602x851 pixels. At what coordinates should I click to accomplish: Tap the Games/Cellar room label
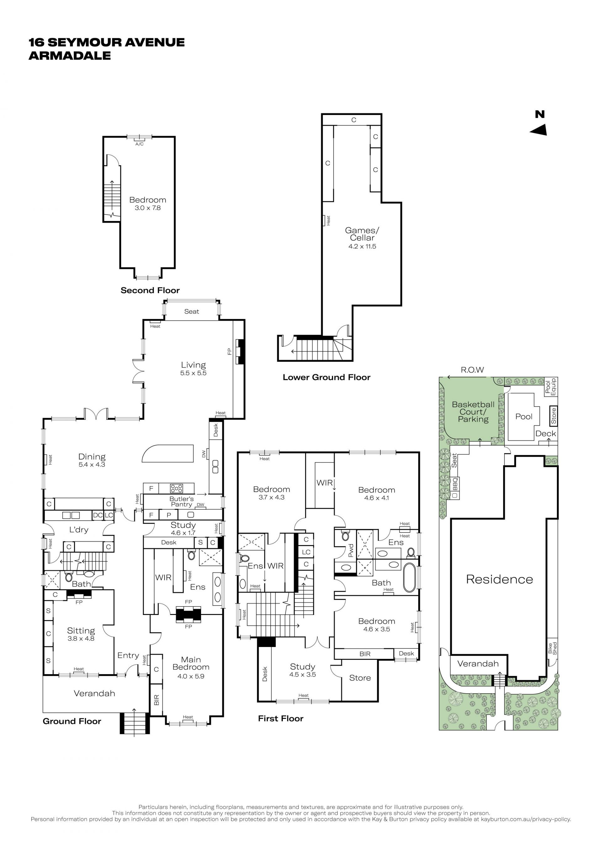362,234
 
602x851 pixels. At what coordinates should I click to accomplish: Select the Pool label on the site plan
524,417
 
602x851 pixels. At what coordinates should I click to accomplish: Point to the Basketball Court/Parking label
473,412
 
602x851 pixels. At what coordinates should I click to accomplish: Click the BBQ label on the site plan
455,484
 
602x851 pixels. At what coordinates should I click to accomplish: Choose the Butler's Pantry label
182,502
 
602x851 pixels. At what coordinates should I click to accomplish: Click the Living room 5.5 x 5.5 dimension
193,373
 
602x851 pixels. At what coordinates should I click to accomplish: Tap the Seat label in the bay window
192,311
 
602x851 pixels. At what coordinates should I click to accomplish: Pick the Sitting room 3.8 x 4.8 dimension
81,638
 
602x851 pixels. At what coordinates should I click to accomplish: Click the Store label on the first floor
360,678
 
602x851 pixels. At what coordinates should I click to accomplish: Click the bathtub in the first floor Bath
409,577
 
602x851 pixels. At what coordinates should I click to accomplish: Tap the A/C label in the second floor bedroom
140,144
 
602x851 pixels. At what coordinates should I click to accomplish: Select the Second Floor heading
150,291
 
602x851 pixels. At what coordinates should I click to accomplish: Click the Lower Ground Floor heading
327,377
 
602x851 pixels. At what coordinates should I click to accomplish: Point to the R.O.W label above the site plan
472,370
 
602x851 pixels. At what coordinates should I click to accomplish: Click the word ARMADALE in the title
70,55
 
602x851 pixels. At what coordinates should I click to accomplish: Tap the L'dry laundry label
79,530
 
